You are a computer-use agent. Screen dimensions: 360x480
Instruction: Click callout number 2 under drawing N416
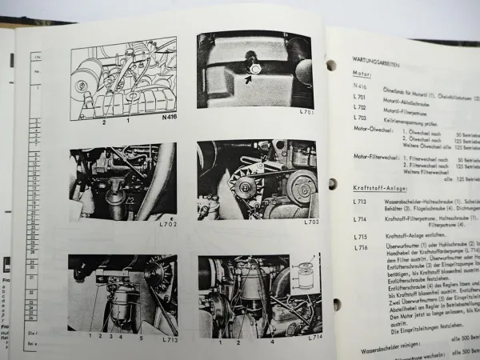pos(103,122)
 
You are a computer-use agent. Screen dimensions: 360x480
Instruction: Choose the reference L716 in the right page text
pos(362,247)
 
